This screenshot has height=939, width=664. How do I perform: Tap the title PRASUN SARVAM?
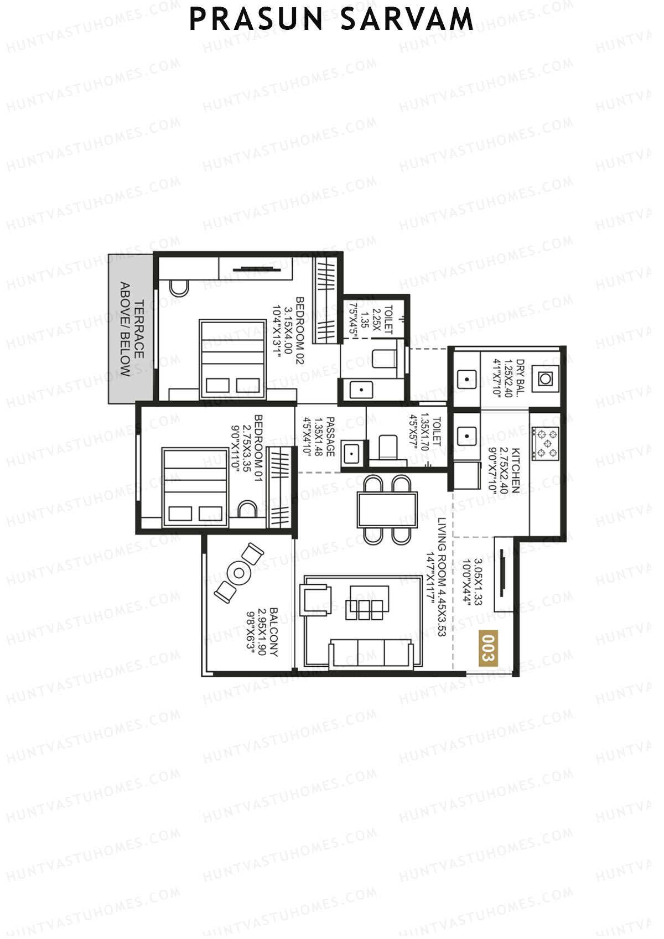tap(331, 19)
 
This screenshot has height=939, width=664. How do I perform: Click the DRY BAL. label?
tap(520, 378)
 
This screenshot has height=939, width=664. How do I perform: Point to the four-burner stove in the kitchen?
tap(545, 443)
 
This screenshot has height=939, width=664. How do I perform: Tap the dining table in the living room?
tap(387, 510)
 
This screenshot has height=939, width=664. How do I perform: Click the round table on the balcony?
tap(239, 573)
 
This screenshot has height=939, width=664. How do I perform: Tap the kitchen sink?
tap(468, 437)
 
